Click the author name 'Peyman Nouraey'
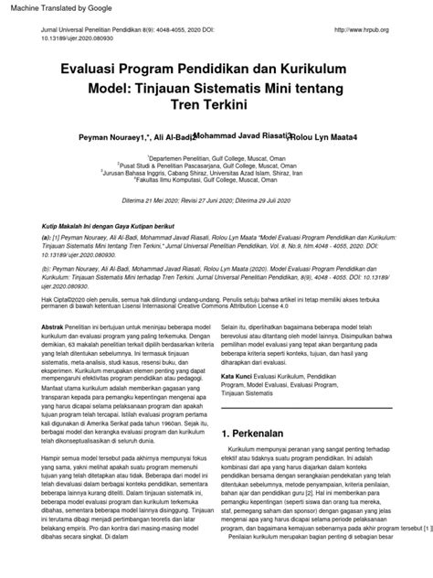[113, 134]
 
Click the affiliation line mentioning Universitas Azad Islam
[217, 170]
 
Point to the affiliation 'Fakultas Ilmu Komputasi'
[216, 178]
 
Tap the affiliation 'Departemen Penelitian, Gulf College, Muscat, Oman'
[217, 155]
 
